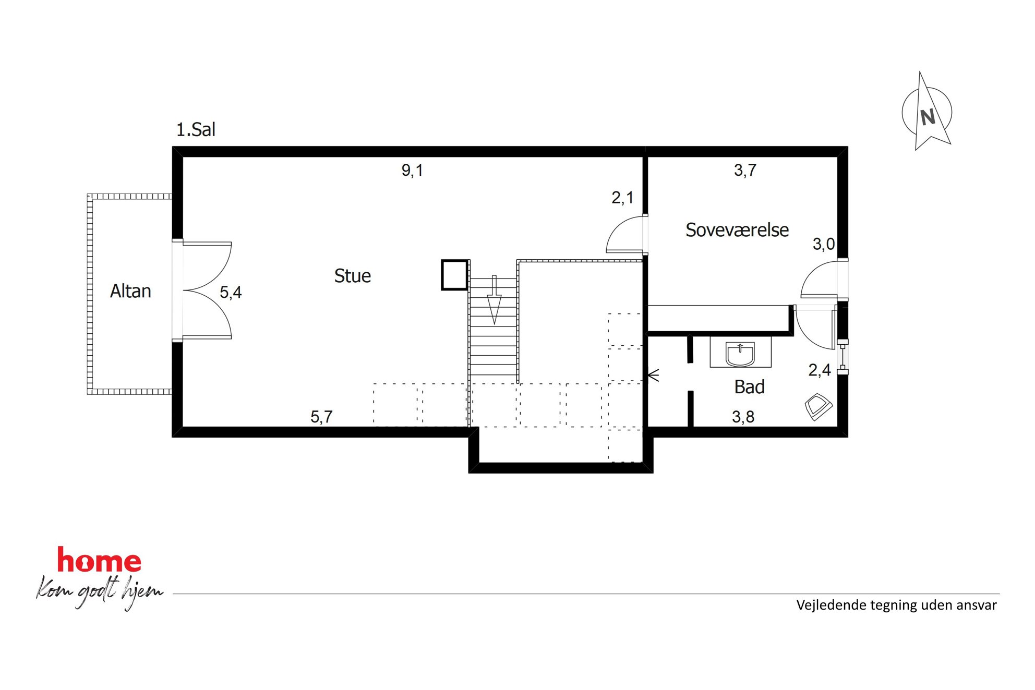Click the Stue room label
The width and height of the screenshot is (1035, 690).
coord(353,276)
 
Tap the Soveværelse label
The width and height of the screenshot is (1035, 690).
coord(737,230)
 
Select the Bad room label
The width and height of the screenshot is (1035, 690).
coord(749,387)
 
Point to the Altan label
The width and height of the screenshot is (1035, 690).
coord(130,291)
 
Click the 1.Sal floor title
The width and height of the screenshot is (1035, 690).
coord(196,129)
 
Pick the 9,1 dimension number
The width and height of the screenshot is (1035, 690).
coord(412,171)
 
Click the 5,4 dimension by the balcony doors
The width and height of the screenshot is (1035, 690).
coord(231,292)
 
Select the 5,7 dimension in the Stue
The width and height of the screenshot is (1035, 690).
coord(321,417)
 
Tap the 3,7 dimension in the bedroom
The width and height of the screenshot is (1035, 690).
coord(745,171)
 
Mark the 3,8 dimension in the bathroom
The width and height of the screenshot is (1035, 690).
coord(743,417)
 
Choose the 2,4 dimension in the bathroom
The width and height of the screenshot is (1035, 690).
coord(820,370)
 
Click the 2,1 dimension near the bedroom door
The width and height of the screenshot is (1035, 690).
coord(622,198)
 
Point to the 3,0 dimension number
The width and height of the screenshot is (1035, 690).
coord(824,244)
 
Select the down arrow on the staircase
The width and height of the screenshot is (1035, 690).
coord(494,300)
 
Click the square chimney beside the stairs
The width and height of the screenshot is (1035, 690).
coord(454,275)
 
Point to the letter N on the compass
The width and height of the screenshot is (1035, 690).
coord(928,117)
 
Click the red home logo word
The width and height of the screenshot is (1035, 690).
coord(99,560)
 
